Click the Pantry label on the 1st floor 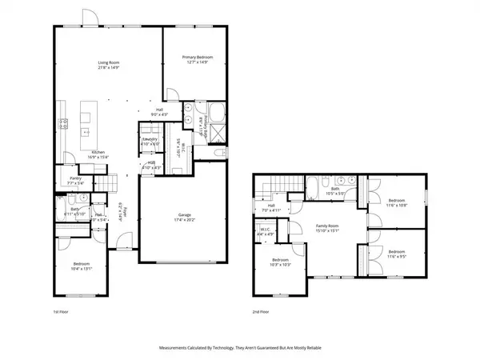(76, 181)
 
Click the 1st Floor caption (50, 311)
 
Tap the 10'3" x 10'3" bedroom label (279, 263)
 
